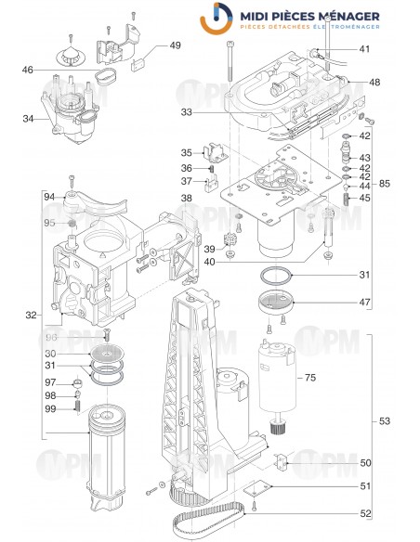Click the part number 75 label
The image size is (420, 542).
311,378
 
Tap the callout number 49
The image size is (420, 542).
175,45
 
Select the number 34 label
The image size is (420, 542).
29,118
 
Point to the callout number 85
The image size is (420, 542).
385,182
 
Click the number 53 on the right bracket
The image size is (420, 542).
385,421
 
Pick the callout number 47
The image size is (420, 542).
364,303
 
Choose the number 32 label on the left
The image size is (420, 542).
30,316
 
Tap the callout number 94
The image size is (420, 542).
49,197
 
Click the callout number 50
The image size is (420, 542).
364,462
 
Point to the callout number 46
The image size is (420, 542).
28,70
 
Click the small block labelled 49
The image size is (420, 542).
144,64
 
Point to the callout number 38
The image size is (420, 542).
187,199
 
